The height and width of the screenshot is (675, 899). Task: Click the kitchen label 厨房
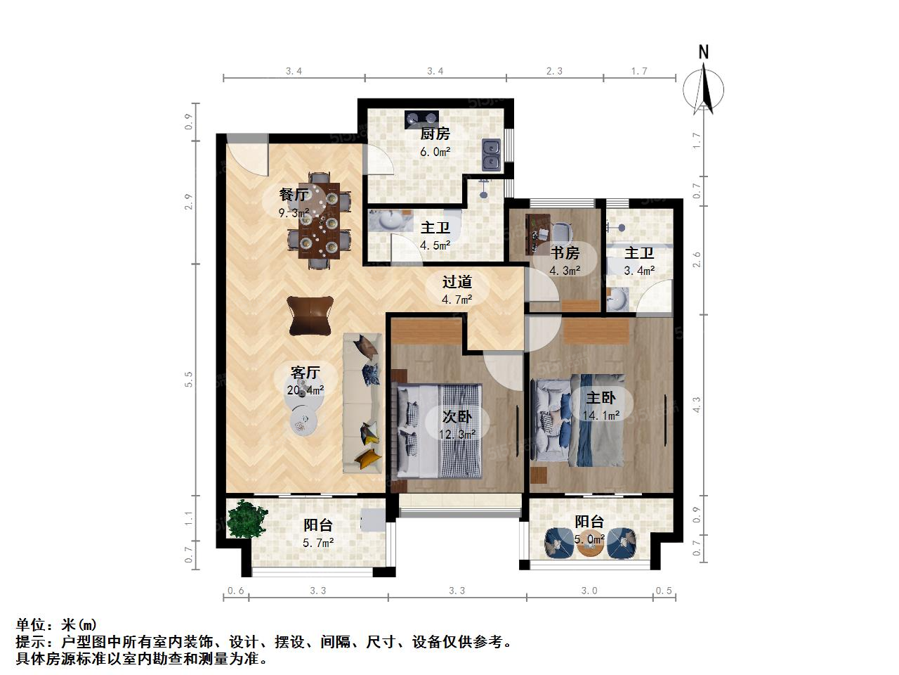pyautogui.click(x=435, y=134)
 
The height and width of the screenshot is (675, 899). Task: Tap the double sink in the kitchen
pyautogui.click(x=491, y=155)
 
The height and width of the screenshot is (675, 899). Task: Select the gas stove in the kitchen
pyautogui.click(x=421, y=118)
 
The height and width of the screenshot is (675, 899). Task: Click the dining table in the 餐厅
pyautogui.click(x=319, y=221)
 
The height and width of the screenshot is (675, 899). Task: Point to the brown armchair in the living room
pyautogui.click(x=310, y=316)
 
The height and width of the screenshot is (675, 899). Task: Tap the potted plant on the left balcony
pyautogui.click(x=247, y=518)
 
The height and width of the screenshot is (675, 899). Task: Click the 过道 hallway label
pyautogui.click(x=457, y=281)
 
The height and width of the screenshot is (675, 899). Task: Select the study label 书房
pyautogui.click(x=565, y=253)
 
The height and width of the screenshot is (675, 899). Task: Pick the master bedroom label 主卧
pyautogui.click(x=601, y=397)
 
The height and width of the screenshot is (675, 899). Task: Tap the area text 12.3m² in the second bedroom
pyautogui.click(x=457, y=434)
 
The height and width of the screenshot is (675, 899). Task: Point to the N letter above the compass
pyautogui.click(x=703, y=53)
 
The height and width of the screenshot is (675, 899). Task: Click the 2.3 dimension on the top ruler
pyautogui.click(x=554, y=71)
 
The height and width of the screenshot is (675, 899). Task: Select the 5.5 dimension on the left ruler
pyautogui.click(x=188, y=380)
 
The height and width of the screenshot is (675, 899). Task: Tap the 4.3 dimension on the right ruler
pyautogui.click(x=696, y=404)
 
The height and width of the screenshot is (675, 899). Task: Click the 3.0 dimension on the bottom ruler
pyautogui.click(x=589, y=591)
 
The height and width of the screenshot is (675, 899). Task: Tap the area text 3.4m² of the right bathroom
pyautogui.click(x=639, y=271)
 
